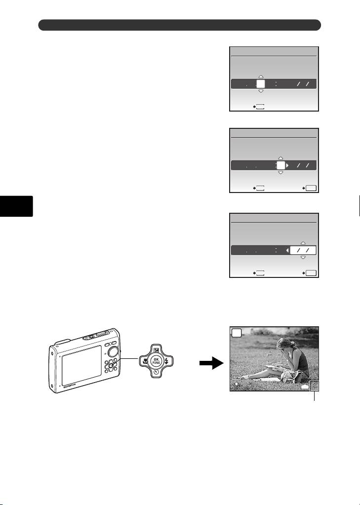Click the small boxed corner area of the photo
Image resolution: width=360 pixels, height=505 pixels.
tap(314, 386)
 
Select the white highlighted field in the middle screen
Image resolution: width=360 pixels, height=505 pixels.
tap(280, 166)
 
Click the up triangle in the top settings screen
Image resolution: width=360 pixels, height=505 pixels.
tap(261, 77)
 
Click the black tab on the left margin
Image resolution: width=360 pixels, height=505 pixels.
tap(16, 206)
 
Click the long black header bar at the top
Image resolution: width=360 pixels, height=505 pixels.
tap(180, 25)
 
